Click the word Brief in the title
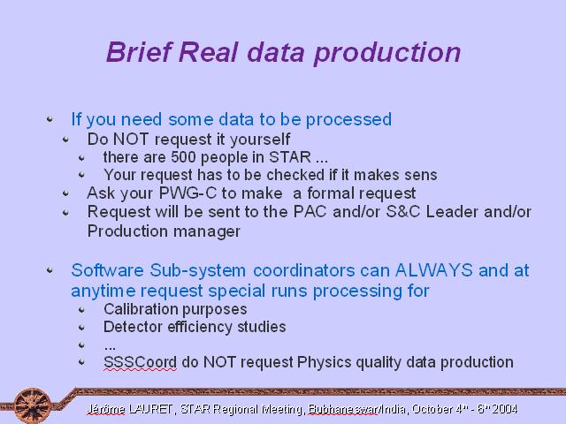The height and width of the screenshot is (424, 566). pyautogui.click(x=138, y=52)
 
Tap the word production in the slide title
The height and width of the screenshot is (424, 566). pyautogui.click(x=387, y=54)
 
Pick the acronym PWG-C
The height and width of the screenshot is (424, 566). pyautogui.click(x=187, y=193)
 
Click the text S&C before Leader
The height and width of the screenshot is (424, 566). pyautogui.click(x=403, y=212)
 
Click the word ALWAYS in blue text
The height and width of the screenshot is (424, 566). pyautogui.click(x=434, y=270)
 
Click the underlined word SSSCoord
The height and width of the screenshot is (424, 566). pyautogui.click(x=140, y=362)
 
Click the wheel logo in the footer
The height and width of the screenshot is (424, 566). pyautogui.click(x=33, y=405)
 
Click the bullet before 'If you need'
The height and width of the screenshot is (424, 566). pyautogui.click(x=50, y=118)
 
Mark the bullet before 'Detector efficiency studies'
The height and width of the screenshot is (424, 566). pyautogui.click(x=81, y=327)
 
